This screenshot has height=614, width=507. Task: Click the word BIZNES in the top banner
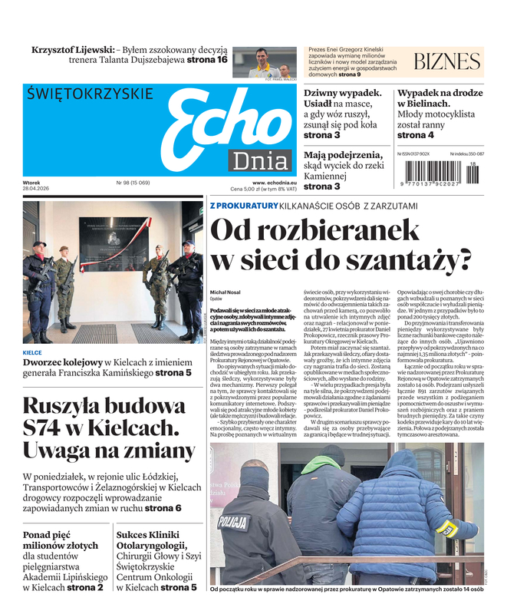446,61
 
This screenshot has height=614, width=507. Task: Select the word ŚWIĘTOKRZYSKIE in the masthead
90,94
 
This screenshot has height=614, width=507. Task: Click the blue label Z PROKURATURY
244,206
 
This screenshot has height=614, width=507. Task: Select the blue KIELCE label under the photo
33,353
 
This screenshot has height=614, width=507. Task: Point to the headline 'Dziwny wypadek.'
342,93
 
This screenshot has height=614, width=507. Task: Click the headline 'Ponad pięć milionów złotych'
61,540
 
